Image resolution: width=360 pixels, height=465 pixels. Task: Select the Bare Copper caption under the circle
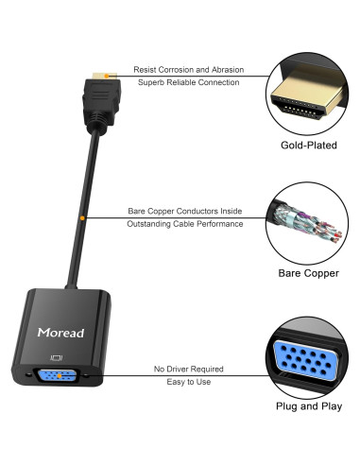307,274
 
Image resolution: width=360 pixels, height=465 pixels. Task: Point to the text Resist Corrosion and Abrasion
188,71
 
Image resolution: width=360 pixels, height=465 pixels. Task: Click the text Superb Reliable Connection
188,84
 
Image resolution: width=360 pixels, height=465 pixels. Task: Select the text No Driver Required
189,370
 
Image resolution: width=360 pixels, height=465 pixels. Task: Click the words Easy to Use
189,382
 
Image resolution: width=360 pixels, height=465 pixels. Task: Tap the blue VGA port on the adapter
56,376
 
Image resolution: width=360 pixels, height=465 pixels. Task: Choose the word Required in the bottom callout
207,370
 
